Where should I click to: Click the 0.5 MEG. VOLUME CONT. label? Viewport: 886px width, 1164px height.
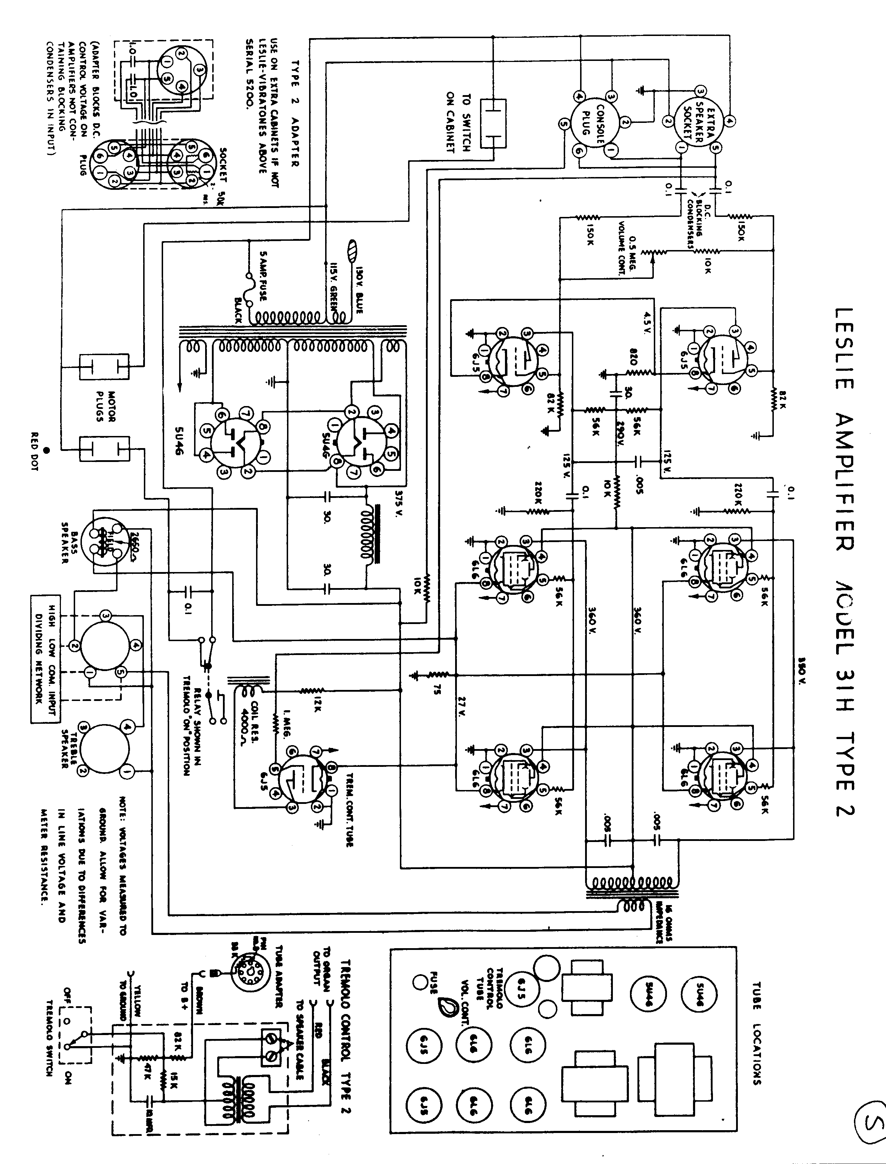(x=627, y=248)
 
